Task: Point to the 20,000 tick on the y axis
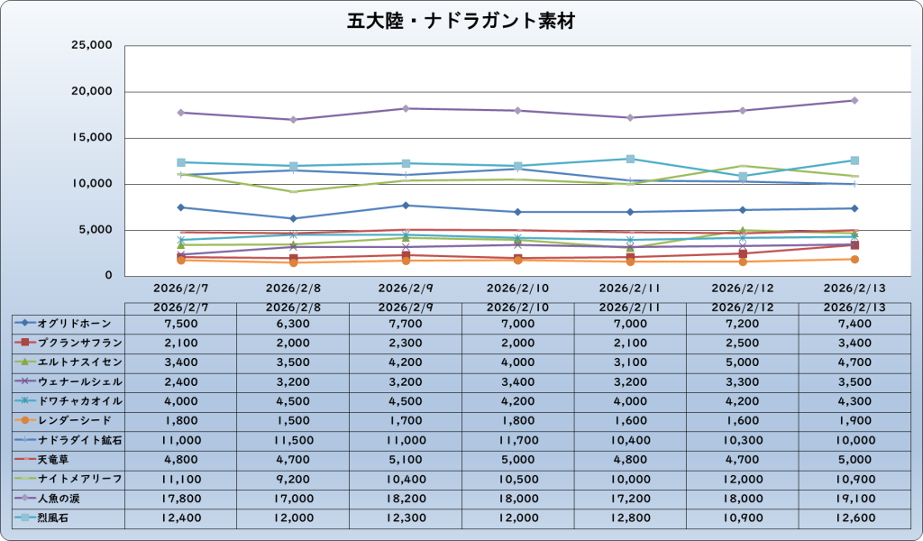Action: click(x=90, y=92)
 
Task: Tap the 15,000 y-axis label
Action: click(x=90, y=138)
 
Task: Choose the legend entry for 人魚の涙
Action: click(x=57, y=497)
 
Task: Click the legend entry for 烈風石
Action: click(x=50, y=517)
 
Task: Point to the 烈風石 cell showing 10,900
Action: click(x=742, y=517)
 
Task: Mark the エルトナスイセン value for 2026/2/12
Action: click(x=742, y=362)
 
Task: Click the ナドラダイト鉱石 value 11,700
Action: click(x=517, y=439)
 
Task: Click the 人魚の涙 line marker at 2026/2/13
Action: click(x=854, y=100)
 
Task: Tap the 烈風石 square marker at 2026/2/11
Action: click(x=630, y=159)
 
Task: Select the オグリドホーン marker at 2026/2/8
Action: click(x=293, y=218)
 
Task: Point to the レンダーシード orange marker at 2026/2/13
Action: click(x=854, y=259)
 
